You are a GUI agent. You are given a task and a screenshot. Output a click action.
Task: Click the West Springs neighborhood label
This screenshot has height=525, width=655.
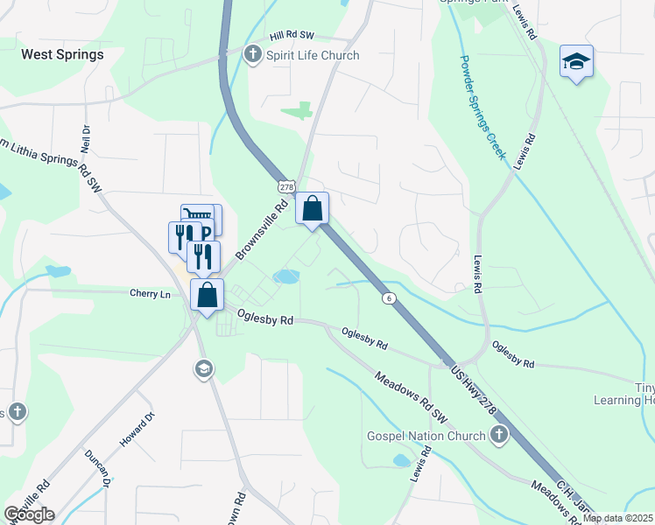[x=62, y=54]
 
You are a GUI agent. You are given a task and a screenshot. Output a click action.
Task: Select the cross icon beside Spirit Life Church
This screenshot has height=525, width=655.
[x=253, y=55]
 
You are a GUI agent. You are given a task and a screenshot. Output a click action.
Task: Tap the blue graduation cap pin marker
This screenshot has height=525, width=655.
[x=576, y=62]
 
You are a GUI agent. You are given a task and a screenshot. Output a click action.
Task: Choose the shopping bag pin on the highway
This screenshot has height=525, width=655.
[x=313, y=209]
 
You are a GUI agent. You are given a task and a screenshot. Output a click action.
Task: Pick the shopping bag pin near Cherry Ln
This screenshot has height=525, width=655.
[x=207, y=295]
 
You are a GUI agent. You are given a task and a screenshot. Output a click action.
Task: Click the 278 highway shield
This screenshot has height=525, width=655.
[x=285, y=187]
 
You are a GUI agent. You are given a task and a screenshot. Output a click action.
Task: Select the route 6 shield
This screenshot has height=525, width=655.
[x=386, y=298]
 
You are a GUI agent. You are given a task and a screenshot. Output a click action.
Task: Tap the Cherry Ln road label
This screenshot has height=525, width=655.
[x=150, y=293]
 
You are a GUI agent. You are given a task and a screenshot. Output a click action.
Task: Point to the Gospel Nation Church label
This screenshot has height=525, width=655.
[x=426, y=436]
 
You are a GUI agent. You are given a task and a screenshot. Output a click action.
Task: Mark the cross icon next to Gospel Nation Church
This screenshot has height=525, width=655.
[x=498, y=435]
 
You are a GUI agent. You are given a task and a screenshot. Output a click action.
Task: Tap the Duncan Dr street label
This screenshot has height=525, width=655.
[x=97, y=469]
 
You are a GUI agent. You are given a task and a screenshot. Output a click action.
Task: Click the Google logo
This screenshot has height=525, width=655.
[x=29, y=514]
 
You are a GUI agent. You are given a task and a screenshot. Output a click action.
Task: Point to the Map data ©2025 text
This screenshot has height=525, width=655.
[x=617, y=518]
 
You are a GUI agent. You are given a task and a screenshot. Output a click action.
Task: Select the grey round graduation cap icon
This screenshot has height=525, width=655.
[x=203, y=369]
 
